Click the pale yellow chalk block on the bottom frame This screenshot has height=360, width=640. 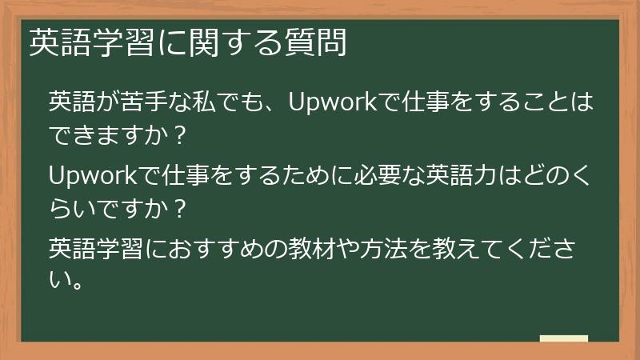click(x=563, y=339)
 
